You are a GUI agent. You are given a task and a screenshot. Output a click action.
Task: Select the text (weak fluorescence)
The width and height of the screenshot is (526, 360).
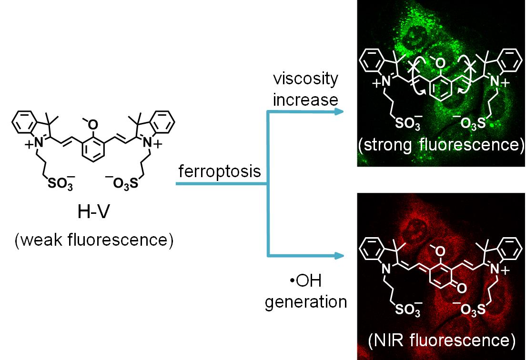click(x=93, y=240)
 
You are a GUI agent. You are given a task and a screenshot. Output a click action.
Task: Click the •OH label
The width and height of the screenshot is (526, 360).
click(x=305, y=281)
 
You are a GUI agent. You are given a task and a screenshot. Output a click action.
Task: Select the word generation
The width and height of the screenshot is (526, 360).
click(x=306, y=302)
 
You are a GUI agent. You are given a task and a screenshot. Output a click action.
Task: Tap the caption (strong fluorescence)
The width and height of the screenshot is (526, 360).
click(x=441, y=144)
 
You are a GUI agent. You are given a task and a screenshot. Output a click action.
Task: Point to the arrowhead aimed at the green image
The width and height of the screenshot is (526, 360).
click(x=339, y=111)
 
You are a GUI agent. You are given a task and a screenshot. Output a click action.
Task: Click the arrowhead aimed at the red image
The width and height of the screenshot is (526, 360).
click(x=339, y=256)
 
